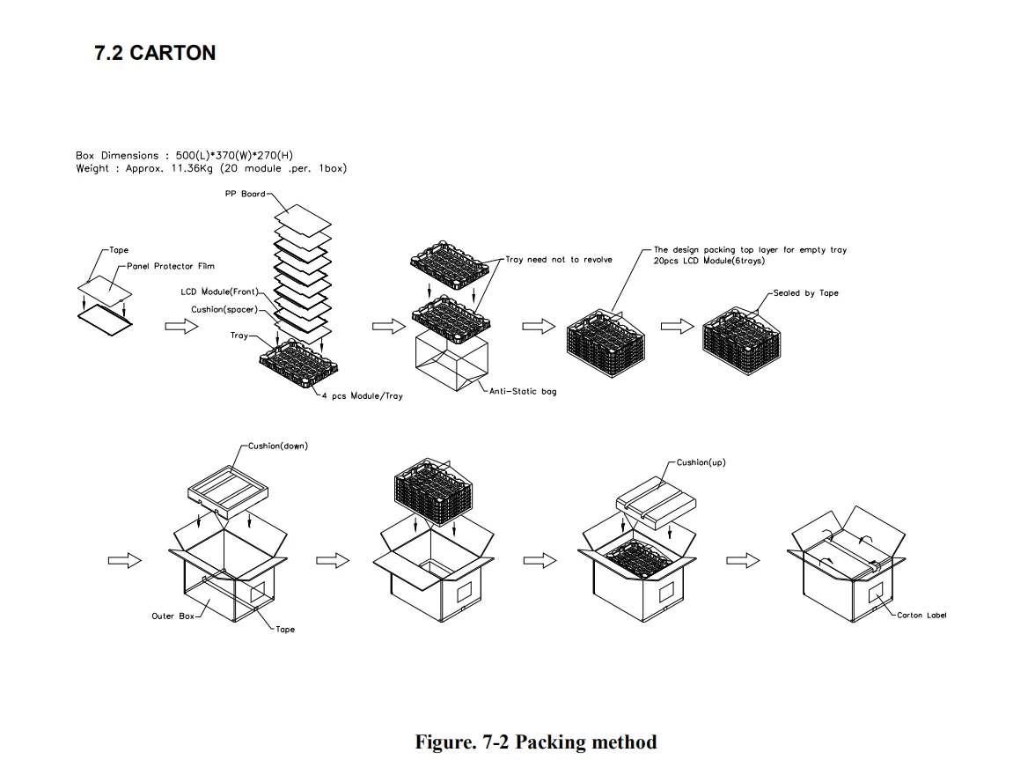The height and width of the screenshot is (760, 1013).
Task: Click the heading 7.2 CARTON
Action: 155,53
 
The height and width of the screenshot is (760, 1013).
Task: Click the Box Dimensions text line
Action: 184,156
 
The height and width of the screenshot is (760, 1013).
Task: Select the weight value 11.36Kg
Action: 193,169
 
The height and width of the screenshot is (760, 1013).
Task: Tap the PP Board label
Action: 245,194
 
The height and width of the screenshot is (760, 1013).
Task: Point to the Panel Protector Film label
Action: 171,266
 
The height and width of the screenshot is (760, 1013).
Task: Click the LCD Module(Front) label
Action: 219,292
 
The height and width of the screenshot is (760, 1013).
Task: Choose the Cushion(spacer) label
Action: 224,310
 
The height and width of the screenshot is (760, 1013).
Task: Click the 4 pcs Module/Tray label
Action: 362,396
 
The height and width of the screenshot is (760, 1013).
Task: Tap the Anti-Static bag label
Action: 523,392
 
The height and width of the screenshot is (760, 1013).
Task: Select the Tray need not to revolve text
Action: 559,260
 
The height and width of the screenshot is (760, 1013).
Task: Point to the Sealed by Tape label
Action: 805,293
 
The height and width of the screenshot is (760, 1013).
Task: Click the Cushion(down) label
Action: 278,446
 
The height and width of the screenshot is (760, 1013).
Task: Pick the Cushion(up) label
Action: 701,462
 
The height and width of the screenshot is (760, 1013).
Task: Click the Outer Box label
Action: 173,616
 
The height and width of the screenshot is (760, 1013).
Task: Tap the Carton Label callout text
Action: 921,616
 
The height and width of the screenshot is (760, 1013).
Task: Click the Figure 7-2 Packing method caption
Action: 536,742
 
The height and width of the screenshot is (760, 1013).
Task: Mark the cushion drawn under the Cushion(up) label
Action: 656,498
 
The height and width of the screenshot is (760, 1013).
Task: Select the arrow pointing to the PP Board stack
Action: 181,327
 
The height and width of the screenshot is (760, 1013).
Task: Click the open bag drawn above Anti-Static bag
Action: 451,362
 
